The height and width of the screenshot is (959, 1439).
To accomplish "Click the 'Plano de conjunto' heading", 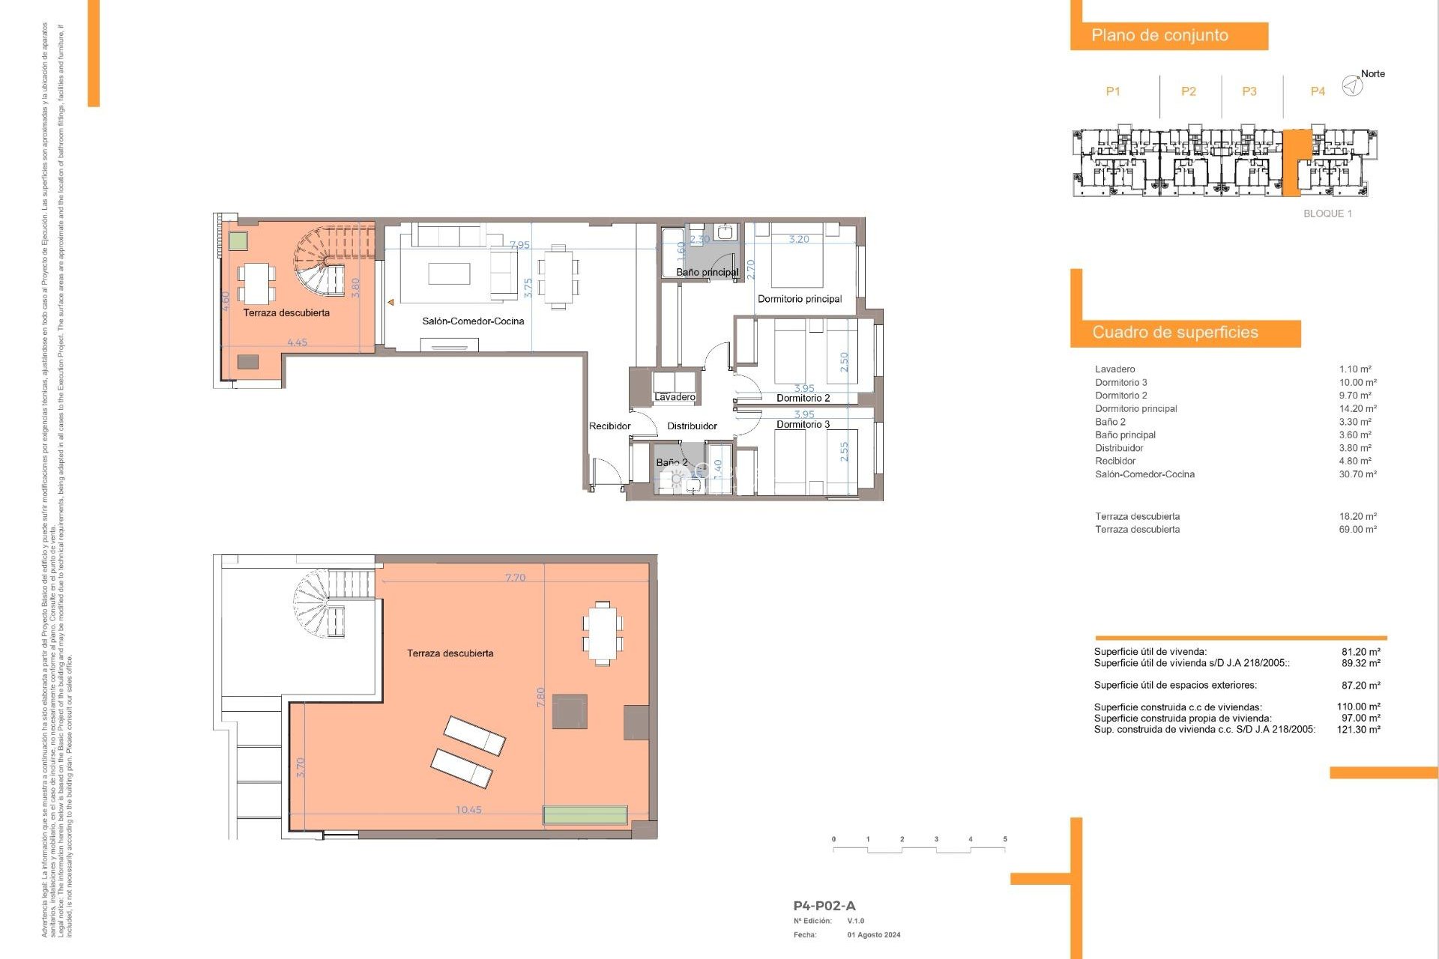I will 1159,35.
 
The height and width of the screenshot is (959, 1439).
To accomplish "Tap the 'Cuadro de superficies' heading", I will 1174,333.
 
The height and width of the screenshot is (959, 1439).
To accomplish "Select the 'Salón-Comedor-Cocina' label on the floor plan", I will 473,321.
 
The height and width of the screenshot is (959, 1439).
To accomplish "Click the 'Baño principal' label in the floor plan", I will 707,272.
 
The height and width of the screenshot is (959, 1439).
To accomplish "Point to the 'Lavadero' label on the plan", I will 675,397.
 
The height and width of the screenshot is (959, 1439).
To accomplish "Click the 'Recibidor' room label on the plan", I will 609,426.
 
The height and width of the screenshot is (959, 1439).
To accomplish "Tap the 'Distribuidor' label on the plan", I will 692,426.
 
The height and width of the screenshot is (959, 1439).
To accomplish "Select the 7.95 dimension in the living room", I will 519,245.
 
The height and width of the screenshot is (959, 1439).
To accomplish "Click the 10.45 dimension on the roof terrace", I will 468,810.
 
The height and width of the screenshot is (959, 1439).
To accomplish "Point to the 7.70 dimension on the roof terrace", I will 515,578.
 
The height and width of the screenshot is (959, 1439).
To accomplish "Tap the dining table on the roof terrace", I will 603,633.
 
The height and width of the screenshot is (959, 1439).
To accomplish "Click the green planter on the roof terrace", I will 585,815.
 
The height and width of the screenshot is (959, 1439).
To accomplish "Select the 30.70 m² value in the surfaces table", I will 1357,474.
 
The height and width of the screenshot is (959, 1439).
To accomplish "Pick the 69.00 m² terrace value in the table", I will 1357,530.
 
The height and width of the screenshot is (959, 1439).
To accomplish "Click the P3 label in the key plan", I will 1249,91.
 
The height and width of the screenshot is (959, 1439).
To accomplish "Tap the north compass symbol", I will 1352,85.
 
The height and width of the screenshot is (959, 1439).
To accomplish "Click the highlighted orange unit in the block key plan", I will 1295,161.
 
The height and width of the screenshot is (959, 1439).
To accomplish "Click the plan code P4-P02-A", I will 824,906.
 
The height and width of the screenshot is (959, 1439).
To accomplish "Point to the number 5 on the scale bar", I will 1004,839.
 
